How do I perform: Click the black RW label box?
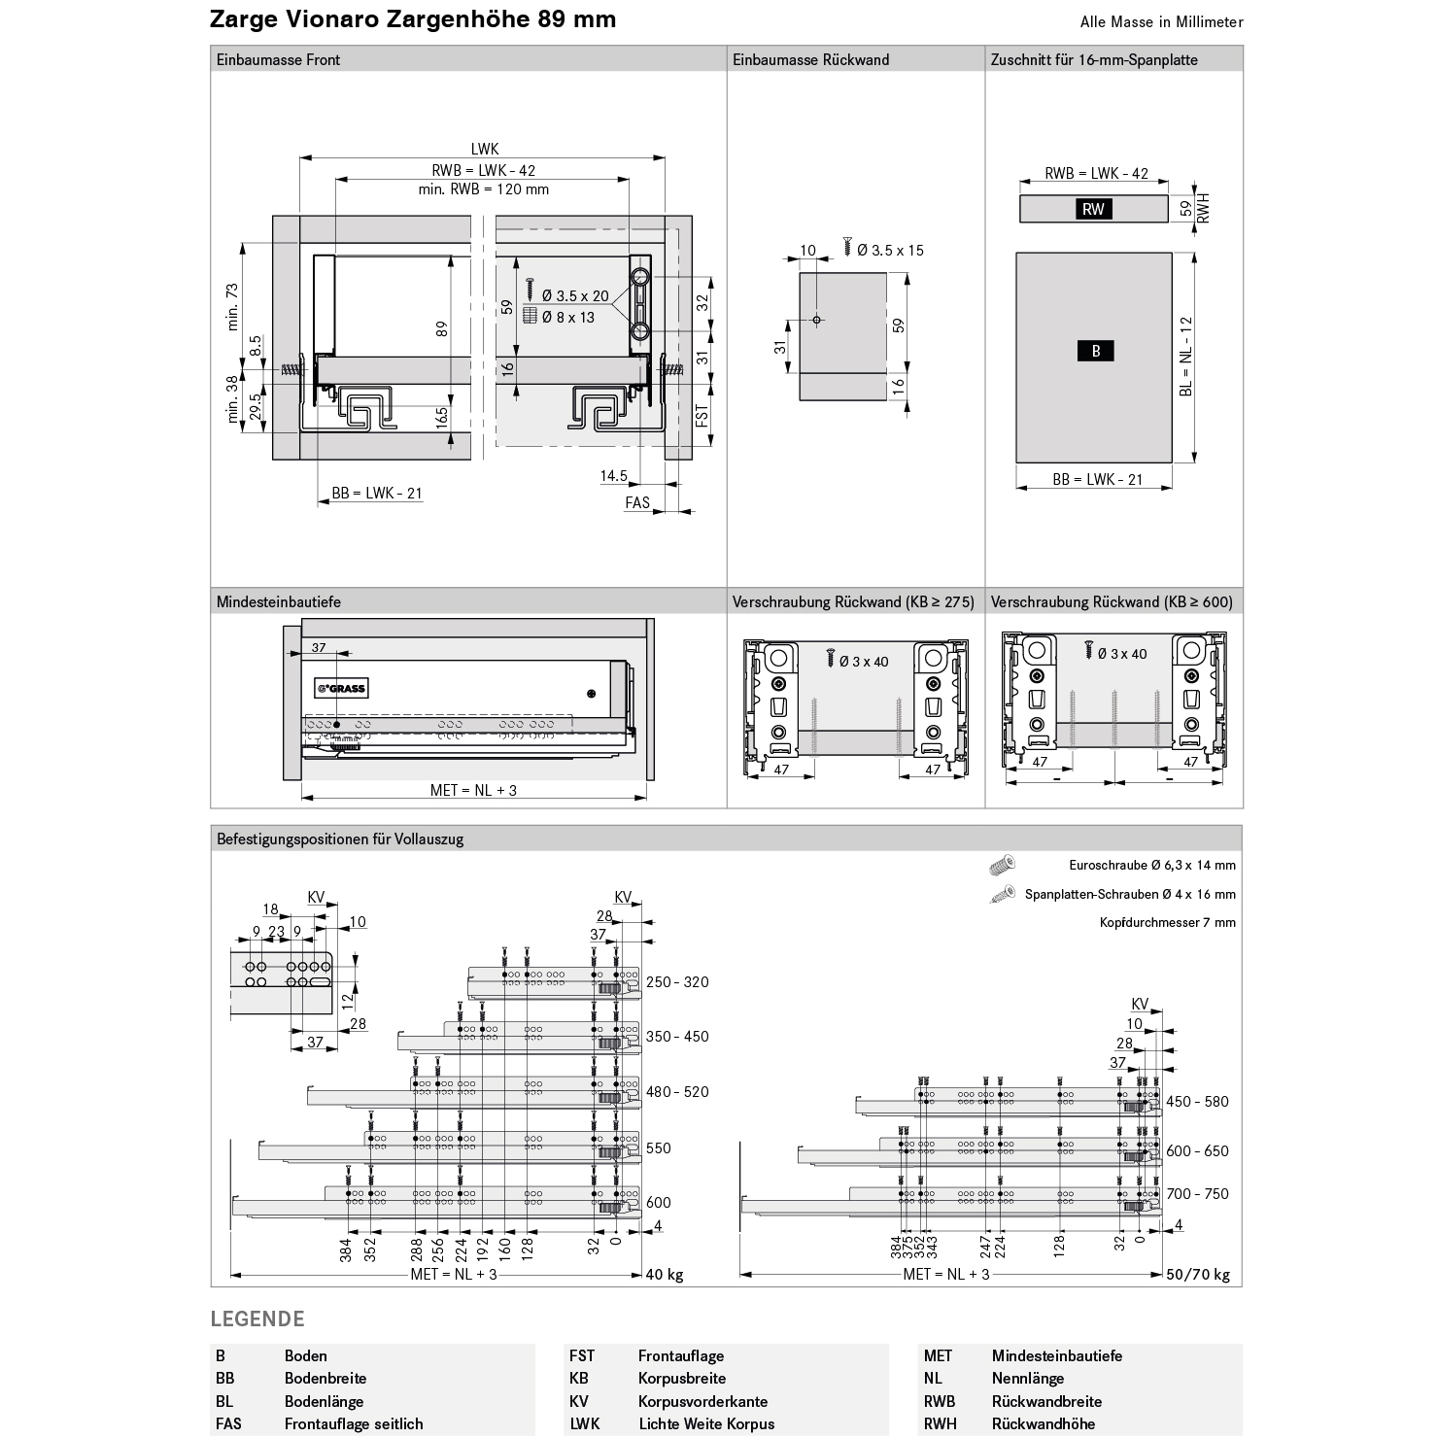[x=1093, y=209]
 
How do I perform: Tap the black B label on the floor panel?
[x=1096, y=351]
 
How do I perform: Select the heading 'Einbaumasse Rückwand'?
[x=811, y=59]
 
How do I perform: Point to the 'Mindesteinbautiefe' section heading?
[x=278, y=602]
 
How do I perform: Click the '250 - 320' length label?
[x=677, y=982]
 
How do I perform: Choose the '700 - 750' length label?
[x=1197, y=1194]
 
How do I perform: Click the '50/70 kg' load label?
[x=1198, y=1275]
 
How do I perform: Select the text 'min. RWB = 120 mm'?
[x=484, y=189]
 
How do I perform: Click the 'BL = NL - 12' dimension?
[x=1185, y=357]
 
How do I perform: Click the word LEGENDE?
[x=257, y=1319]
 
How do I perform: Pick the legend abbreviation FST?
[x=582, y=1356]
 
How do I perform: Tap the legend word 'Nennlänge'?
[x=1027, y=1379]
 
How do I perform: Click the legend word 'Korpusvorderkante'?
[x=702, y=1401]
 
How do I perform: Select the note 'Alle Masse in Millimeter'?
[x=1161, y=22]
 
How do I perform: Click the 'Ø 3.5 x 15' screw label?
[x=890, y=251]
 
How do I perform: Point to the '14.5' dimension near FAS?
[x=613, y=476]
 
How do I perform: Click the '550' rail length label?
[x=659, y=1148]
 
